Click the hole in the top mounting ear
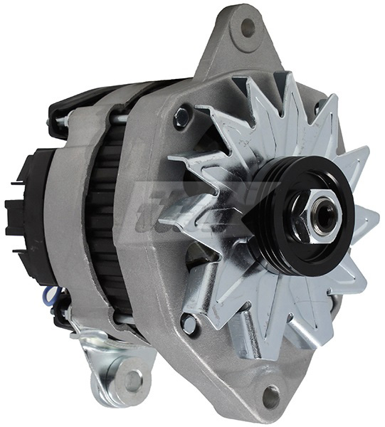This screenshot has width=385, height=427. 248,28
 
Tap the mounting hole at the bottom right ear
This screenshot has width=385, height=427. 271,396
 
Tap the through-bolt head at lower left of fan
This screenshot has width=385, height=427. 188,324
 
